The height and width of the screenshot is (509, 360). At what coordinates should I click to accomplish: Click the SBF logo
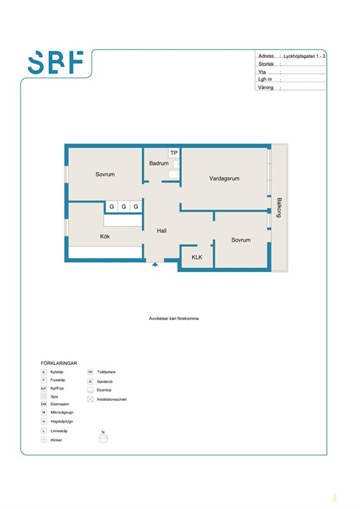[x=55, y=62]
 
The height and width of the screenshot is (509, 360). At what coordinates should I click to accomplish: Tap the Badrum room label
[x=159, y=164]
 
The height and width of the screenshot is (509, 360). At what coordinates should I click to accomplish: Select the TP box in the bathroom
[x=174, y=153]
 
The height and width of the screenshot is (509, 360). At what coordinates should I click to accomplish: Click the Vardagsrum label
[x=225, y=178]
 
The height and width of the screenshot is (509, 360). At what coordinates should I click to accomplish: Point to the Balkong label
[x=279, y=207]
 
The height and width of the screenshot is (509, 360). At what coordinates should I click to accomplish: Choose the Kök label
[x=105, y=236]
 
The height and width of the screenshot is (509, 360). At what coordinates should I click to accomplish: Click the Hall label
[x=162, y=230]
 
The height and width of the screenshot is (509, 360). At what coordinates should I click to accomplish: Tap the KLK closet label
[x=197, y=257]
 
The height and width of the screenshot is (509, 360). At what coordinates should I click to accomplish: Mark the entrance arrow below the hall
[x=155, y=264]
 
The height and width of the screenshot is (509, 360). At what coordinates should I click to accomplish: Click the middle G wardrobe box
[x=123, y=206]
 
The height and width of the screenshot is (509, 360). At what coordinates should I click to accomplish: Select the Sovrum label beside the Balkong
[x=241, y=240]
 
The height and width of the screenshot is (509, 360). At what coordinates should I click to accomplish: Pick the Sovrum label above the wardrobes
[x=105, y=174]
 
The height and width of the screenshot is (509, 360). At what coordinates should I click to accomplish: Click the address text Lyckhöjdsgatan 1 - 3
[x=304, y=56]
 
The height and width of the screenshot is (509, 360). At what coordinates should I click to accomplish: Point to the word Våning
[x=265, y=87]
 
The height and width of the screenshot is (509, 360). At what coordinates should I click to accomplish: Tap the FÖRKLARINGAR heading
[x=59, y=363]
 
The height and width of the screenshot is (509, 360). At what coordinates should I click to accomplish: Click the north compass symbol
[x=103, y=437]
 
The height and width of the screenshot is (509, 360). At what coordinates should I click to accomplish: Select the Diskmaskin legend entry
[x=55, y=404]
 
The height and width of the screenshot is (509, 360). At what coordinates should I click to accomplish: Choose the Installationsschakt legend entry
[x=107, y=400]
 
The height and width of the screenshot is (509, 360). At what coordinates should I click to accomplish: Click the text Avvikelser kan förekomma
[x=174, y=319]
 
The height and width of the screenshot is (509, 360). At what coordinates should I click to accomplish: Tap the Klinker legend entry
[x=52, y=440]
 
